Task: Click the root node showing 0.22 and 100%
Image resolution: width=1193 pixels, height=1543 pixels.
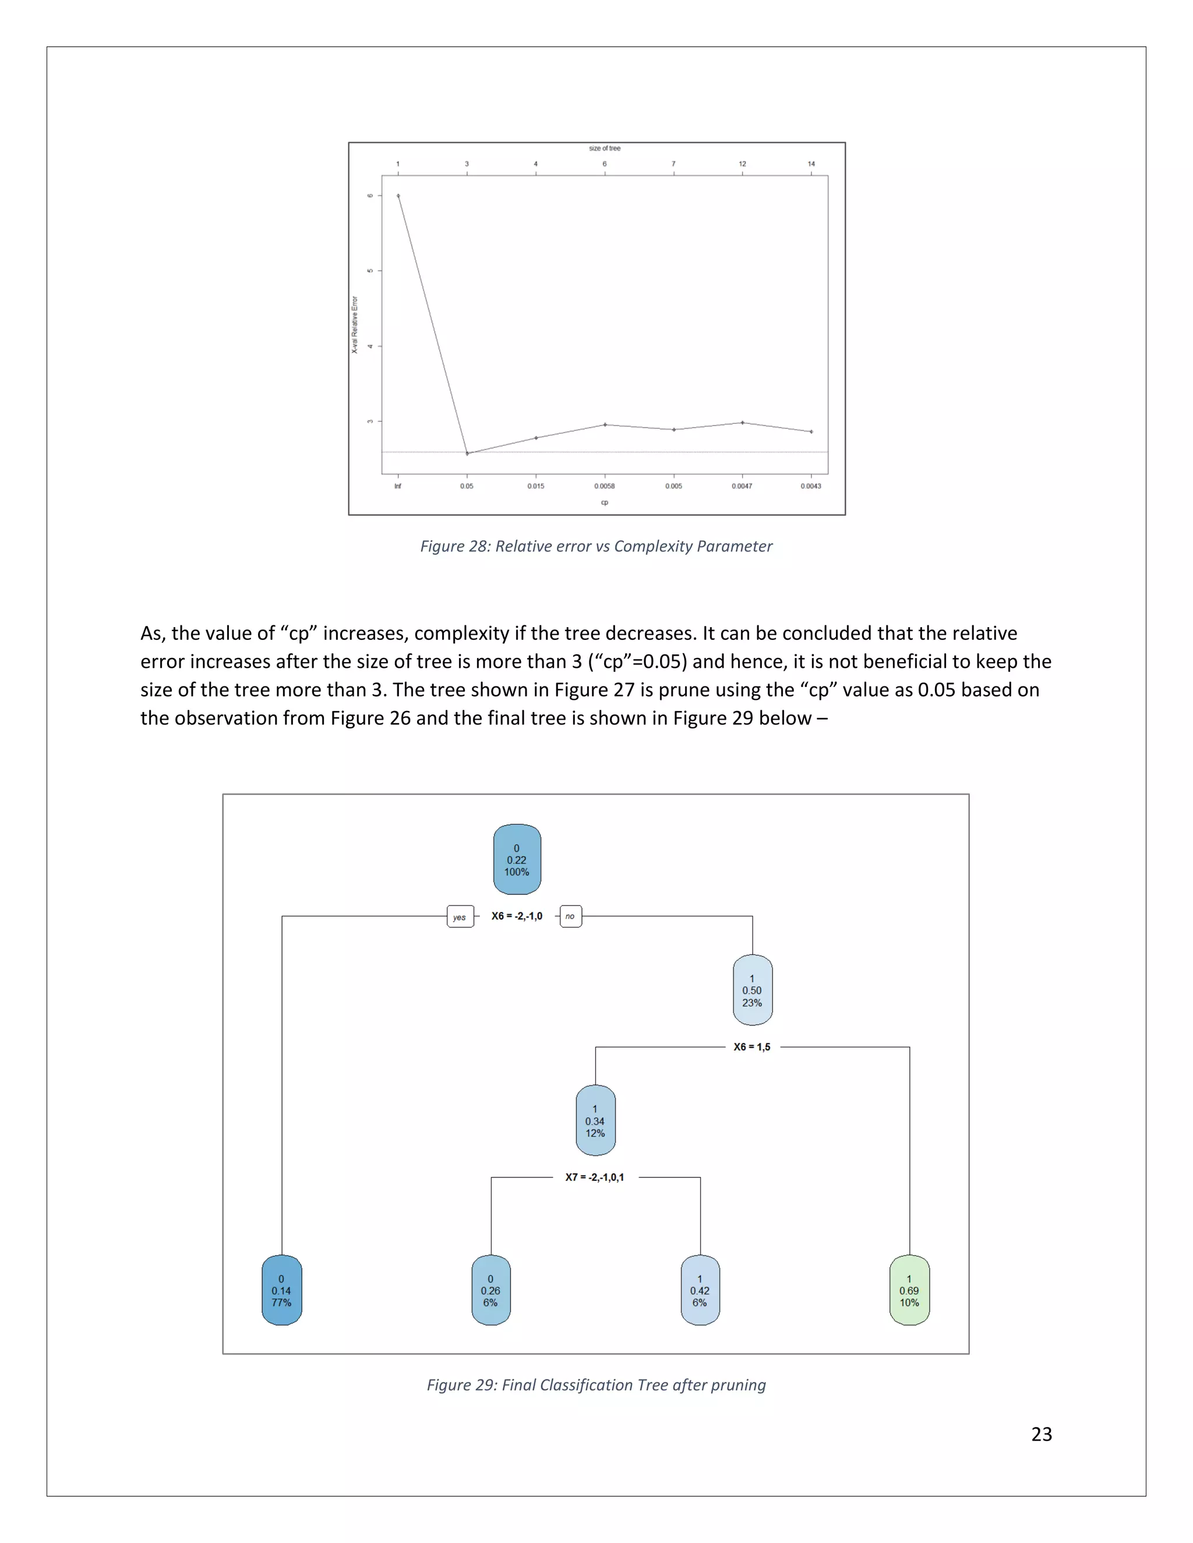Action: tap(517, 859)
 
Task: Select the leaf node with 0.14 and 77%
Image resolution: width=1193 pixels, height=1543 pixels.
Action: tap(281, 1290)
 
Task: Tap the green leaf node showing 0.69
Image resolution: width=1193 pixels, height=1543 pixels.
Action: tap(909, 1290)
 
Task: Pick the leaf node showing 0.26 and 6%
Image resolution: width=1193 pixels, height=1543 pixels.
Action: tap(490, 1290)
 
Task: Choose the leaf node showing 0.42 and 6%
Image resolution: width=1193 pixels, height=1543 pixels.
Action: tap(700, 1290)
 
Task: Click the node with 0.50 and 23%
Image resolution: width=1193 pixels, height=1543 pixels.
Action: tap(752, 990)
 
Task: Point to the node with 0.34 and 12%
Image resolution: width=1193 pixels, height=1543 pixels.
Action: tap(595, 1120)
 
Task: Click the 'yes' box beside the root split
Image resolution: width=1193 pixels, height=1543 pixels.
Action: tap(460, 917)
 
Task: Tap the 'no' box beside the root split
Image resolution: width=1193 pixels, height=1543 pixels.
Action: tap(570, 916)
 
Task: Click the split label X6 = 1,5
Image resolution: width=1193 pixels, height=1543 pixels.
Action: tap(752, 1046)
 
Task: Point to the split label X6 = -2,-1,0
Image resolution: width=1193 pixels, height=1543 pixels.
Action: tap(517, 916)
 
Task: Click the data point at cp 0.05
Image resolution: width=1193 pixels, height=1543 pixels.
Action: tap(467, 454)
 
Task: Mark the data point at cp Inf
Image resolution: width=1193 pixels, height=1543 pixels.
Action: tap(398, 196)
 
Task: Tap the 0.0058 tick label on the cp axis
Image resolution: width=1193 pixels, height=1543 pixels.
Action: tap(604, 486)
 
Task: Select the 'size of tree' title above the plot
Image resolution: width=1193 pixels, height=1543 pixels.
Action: tap(604, 148)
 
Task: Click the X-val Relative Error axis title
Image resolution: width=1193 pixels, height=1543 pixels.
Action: tap(355, 325)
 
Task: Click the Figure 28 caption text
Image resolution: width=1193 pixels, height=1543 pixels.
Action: tap(596, 546)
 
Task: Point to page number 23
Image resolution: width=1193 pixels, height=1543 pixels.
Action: tap(1041, 1434)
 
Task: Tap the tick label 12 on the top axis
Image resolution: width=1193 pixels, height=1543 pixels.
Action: tap(742, 164)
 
